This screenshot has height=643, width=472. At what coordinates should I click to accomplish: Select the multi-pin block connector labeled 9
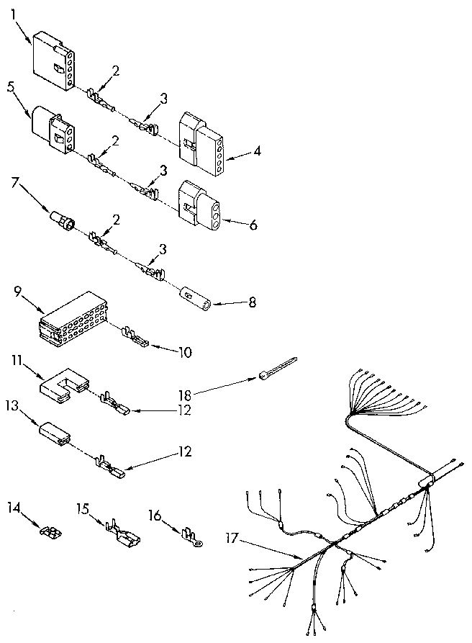tap(74, 317)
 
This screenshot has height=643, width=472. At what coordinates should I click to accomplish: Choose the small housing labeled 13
tap(56, 431)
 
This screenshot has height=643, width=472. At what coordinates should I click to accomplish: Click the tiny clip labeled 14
tap(50, 533)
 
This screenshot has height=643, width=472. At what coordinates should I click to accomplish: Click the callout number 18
tap(186, 395)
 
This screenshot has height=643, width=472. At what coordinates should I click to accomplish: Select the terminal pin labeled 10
tap(134, 337)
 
